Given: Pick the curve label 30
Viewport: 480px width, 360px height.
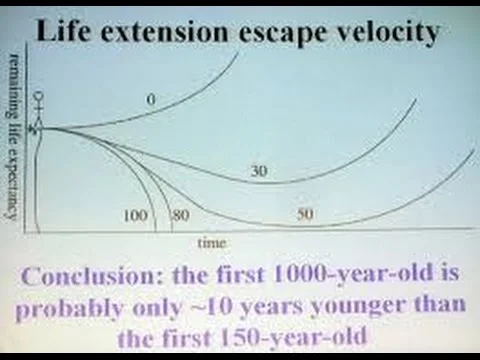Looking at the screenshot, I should tap(258, 172).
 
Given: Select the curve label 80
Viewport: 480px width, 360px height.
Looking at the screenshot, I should tap(180, 214).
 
